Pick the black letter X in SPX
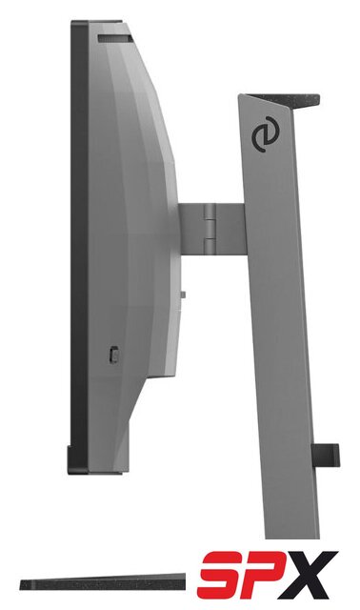tap(310, 575)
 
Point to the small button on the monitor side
tap(113, 354)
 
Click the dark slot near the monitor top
tap(114, 38)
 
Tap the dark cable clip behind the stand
tap(326, 455)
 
